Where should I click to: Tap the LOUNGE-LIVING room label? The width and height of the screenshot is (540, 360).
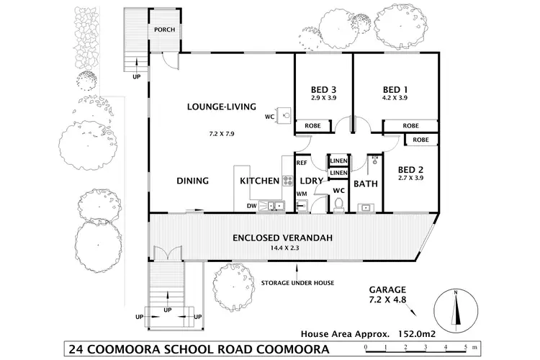point(222,107)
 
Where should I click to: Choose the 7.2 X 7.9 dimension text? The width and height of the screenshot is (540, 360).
point(222,134)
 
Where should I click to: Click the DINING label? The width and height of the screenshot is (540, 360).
point(192,181)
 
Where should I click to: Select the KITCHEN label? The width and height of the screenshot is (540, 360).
point(259,181)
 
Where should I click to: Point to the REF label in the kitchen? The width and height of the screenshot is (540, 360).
point(302,163)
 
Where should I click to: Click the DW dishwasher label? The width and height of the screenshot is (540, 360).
point(251,206)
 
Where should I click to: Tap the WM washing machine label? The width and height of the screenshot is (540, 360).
point(302,194)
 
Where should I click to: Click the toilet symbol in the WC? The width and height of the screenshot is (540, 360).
point(338,205)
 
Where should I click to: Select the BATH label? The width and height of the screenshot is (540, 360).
point(366,184)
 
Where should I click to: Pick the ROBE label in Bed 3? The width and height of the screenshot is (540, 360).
point(312,125)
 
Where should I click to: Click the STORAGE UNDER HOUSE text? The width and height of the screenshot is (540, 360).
point(297,283)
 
